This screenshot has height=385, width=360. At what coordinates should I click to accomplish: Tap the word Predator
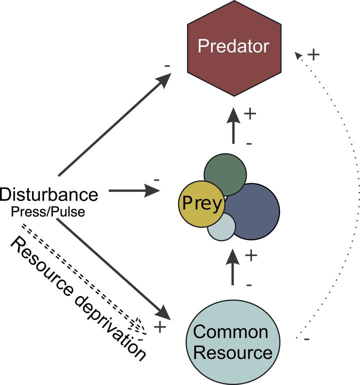click(233, 46)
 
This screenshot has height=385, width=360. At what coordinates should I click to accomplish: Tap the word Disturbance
click(49, 195)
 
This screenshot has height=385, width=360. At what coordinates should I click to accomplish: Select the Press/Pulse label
click(48, 211)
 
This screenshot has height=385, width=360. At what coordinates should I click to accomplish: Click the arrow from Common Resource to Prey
click(232, 267)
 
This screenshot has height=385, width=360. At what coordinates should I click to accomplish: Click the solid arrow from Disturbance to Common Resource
click(115, 270)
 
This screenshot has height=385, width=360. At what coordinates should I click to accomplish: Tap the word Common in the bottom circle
click(231, 331)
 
